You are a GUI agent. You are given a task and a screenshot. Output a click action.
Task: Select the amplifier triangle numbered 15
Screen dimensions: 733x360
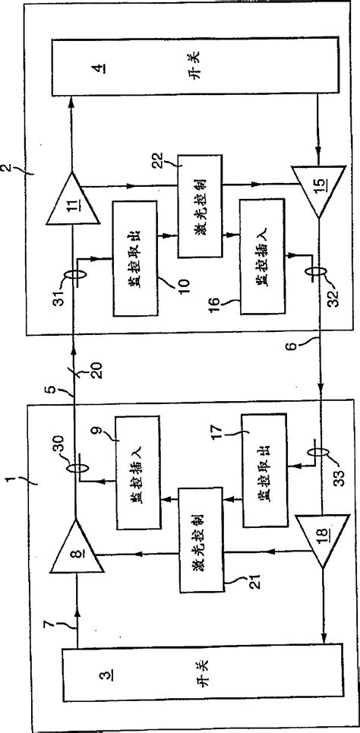click(317, 194)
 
